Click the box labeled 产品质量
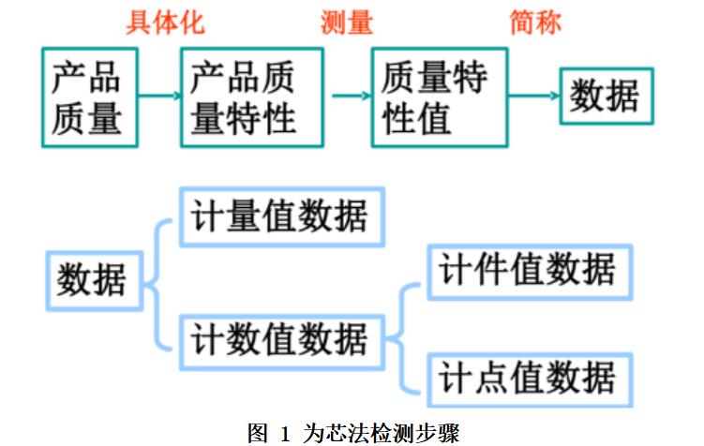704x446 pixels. tap(86, 97)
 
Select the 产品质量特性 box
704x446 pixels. tap(251, 97)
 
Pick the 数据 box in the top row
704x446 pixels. tap(605, 96)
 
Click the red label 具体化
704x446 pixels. tap(165, 22)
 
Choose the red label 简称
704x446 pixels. tap(535, 22)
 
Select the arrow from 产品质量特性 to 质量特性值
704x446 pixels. tap(348, 95)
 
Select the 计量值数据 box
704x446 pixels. tap(279, 217)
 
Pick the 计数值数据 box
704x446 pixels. tap(279, 338)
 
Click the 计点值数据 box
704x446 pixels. tap(528, 379)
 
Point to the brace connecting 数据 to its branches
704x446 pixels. tap(161, 278)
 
